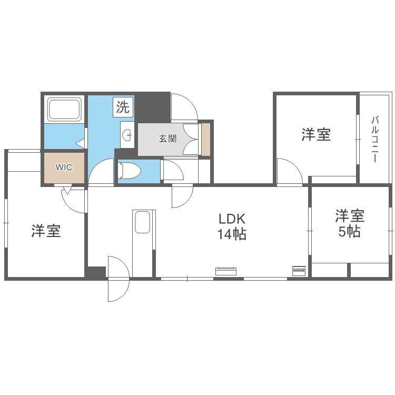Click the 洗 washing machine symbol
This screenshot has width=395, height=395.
[x=123, y=107]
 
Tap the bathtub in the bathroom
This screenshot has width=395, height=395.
[x=65, y=110]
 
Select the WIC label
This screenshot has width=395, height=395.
[x=64, y=167]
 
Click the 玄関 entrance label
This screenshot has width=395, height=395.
[x=167, y=139]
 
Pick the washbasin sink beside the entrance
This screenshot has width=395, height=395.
[x=127, y=135]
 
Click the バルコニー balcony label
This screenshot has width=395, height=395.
[x=375, y=139]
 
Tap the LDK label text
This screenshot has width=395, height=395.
[x=232, y=219]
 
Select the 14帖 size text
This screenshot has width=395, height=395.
[x=232, y=234]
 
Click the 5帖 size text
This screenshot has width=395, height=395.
[x=349, y=231]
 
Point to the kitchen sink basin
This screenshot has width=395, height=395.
[x=143, y=222]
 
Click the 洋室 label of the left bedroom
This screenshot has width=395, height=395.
[x=46, y=231]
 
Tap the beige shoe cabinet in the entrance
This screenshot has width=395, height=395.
[x=206, y=139]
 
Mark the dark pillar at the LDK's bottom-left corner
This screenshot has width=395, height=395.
[x=95, y=273]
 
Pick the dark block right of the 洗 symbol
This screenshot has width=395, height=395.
[x=152, y=107]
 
